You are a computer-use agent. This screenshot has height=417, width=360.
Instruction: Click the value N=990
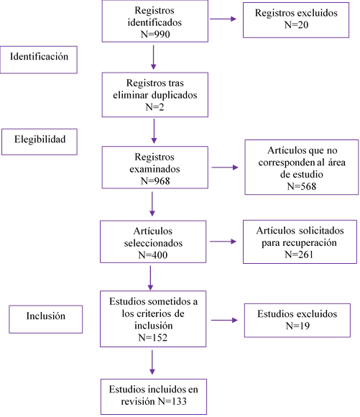155,35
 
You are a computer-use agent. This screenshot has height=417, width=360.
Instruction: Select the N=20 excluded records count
296,24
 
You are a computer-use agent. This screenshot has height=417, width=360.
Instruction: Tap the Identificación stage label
39,56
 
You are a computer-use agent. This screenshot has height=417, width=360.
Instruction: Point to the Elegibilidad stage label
40,139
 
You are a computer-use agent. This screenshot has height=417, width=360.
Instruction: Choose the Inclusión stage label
46,316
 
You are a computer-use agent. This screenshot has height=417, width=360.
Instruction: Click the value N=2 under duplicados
154,107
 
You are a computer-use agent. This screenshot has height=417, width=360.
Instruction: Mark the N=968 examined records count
155,181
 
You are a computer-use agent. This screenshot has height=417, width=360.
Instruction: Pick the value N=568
302,186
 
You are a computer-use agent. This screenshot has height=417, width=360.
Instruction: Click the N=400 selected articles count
153,255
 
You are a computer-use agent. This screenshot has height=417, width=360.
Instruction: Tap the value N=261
299,255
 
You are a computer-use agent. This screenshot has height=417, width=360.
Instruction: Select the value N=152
153,337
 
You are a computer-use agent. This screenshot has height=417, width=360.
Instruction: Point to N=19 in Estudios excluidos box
297,326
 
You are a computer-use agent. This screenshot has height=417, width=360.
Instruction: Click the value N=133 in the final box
172,401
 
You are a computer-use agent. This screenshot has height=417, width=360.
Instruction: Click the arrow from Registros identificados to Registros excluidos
223,19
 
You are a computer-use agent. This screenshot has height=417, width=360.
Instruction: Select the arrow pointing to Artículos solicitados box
223,242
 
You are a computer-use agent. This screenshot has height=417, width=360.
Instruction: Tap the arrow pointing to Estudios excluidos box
224,320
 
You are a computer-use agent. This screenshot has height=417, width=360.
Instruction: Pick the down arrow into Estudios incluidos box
152,362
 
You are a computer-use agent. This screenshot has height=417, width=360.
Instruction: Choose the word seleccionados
153,243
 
